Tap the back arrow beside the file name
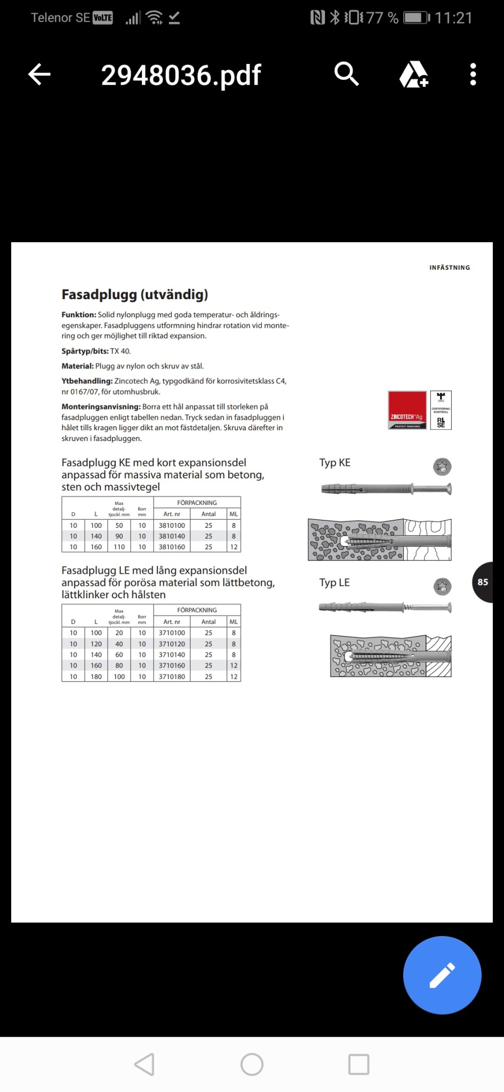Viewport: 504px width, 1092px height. coord(39,74)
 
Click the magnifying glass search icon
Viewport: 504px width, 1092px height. coord(346,74)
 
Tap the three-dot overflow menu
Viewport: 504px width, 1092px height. coord(473,74)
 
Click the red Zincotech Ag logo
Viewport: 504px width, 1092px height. coord(407,410)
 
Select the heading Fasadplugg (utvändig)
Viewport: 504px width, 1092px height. coord(135,294)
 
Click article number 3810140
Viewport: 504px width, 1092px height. coord(172,536)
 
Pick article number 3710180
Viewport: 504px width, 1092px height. coord(172,677)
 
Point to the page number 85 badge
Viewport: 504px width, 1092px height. coord(483,582)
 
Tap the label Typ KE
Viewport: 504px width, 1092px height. coord(335,463)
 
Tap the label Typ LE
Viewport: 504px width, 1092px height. coord(334,583)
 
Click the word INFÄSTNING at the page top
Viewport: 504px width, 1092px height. coord(450,268)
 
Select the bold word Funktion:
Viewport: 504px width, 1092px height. coord(79,315)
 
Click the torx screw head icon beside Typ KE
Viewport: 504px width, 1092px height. coord(442,467)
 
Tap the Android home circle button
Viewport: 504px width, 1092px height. coord(252,1064)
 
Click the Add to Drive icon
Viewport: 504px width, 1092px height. coord(414,74)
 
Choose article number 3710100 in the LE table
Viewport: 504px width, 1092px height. coord(172,633)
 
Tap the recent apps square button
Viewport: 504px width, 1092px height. coord(358,1064)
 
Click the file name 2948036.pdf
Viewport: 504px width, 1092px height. coord(181,75)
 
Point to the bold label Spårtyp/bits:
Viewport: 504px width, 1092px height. coord(85,351)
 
